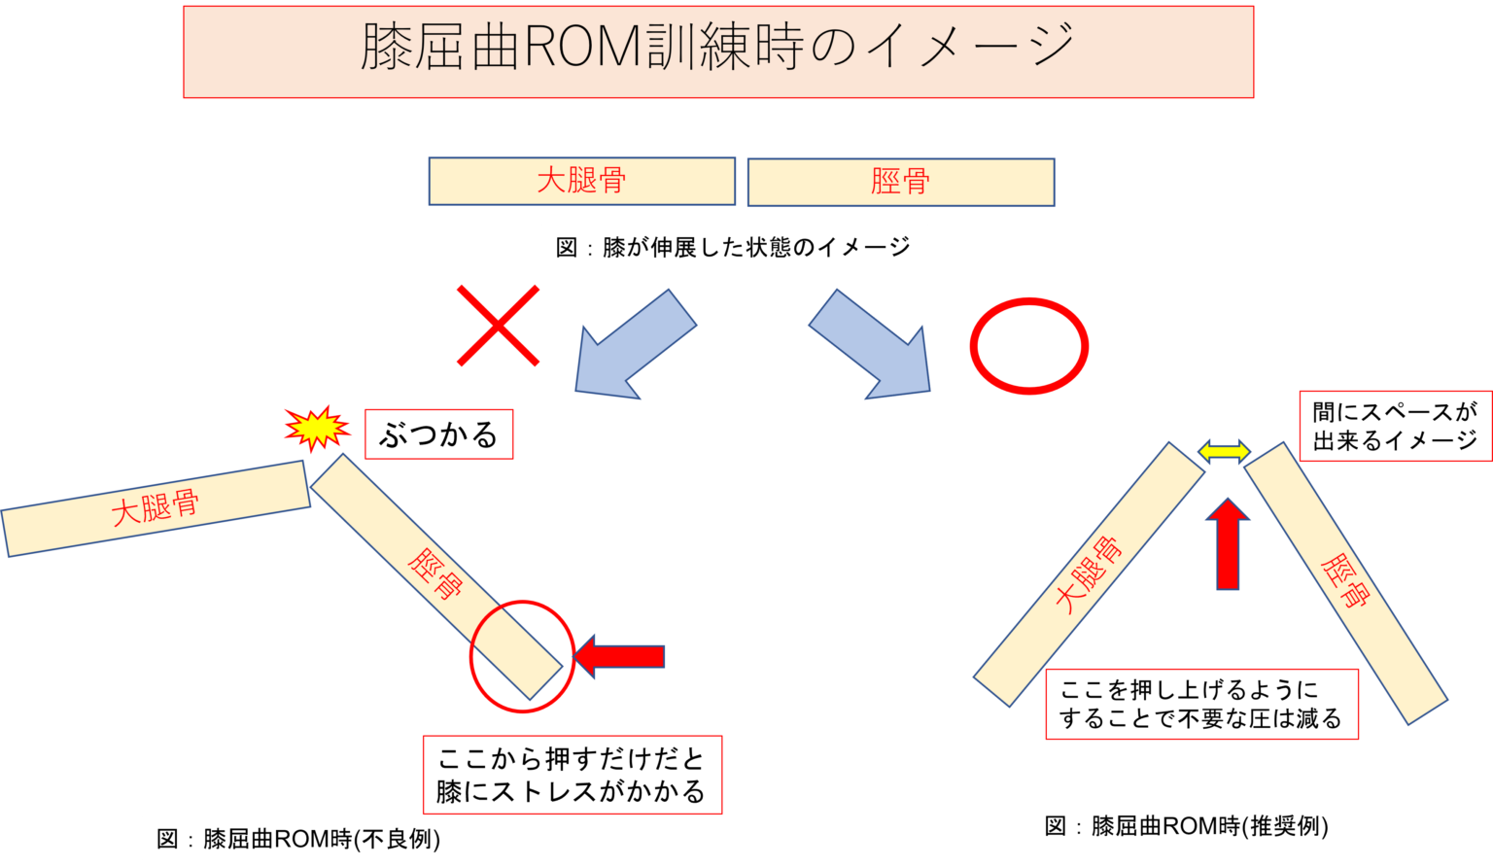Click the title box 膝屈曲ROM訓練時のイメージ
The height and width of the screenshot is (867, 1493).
[718, 52]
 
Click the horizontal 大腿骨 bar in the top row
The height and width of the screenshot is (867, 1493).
[581, 182]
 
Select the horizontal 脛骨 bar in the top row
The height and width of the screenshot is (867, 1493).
[900, 183]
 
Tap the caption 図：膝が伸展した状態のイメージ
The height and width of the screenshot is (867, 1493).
[734, 247]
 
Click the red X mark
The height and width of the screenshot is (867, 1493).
[499, 327]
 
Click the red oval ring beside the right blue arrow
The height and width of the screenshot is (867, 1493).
[1028, 346]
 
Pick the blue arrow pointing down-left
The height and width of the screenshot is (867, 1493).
[630, 347]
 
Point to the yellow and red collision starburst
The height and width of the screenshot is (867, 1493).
[317, 428]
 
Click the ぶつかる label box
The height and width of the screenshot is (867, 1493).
[438, 434]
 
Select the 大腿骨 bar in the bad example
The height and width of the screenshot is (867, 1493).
[156, 507]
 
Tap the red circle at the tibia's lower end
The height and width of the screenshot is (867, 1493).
[522, 656]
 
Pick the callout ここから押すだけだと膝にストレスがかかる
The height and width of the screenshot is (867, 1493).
[572, 775]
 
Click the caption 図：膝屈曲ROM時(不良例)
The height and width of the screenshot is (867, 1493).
[298, 839]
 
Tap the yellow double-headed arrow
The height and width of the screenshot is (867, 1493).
[1224, 450]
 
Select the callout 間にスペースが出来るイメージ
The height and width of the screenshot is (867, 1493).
[1395, 427]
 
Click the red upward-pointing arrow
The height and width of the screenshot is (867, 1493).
[1228, 544]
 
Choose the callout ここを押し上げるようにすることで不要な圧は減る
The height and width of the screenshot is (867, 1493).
[1201, 705]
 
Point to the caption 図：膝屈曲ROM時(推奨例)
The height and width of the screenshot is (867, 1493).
[1187, 826]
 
